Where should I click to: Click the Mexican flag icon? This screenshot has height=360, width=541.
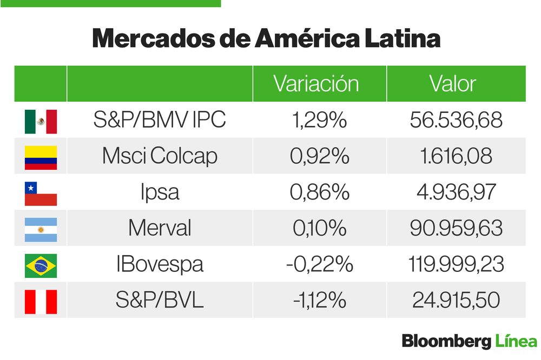click(x=41, y=121)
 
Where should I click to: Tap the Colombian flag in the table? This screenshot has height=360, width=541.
click(x=41, y=157)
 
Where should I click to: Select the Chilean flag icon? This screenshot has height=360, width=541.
click(x=41, y=194)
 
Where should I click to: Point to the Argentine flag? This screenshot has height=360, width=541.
click(x=41, y=229)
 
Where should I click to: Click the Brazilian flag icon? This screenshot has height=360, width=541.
click(x=41, y=265)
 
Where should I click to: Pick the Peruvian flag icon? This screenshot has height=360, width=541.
click(x=41, y=301)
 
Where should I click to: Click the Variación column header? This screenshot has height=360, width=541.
click(x=316, y=84)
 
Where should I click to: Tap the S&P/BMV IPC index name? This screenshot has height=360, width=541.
click(x=160, y=121)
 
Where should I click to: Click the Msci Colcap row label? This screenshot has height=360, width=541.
click(x=160, y=157)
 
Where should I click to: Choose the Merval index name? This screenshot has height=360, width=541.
click(x=160, y=229)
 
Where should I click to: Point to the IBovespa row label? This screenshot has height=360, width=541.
click(x=160, y=265)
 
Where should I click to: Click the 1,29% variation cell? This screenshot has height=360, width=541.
click(x=319, y=121)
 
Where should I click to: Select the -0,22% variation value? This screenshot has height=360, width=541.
click(x=319, y=265)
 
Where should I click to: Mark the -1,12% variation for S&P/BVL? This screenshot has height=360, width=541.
click(x=319, y=301)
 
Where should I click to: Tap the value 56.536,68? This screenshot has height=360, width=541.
click(x=456, y=121)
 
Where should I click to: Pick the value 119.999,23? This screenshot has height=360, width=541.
click(x=456, y=265)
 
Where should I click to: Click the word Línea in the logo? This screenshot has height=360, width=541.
click(x=516, y=342)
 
